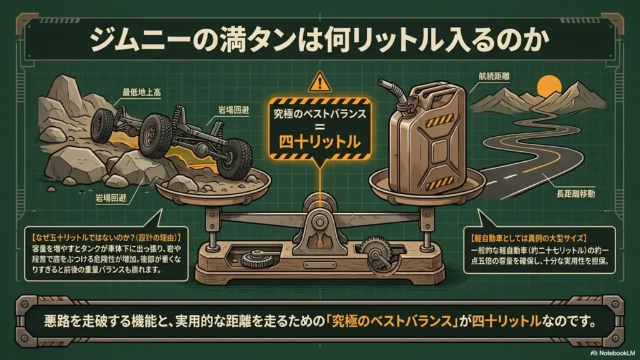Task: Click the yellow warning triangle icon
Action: pyautogui.click(x=320, y=82)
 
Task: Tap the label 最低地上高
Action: pyautogui.click(x=141, y=92)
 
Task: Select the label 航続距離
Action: pyautogui.click(x=494, y=76)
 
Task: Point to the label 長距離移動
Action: pyautogui.click(x=576, y=194)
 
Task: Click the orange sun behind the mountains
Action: pyautogui.click(x=549, y=87)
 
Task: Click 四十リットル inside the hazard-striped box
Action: pyautogui.click(x=319, y=142)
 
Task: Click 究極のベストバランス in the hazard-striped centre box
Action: pyautogui.click(x=319, y=114)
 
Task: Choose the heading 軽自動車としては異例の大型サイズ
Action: pyautogui.click(x=529, y=238)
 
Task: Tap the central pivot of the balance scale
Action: pyautogui.click(x=319, y=222)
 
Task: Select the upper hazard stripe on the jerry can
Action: pyautogui.click(x=439, y=121)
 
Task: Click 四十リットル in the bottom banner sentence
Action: pyautogui.click(x=506, y=321)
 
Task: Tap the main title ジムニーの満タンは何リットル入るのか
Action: pyautogui.click(x=319, y=41)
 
